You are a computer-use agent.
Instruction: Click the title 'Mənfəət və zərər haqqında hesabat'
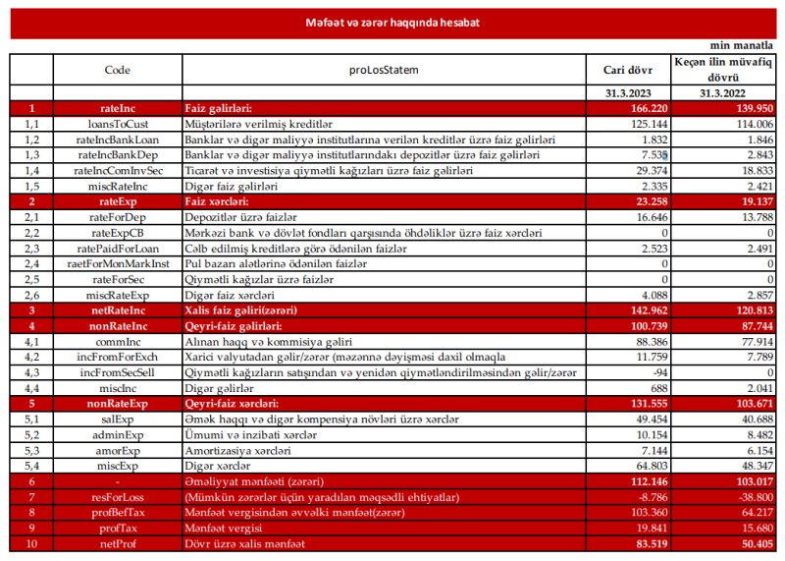392,22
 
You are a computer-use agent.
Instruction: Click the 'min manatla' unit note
741,45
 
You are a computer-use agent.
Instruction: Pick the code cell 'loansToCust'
117,124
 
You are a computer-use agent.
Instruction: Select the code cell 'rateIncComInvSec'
117,171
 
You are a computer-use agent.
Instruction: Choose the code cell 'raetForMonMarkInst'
117,263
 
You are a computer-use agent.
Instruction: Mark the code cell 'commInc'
117,341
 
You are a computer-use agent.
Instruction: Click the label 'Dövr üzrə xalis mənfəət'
244,543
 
